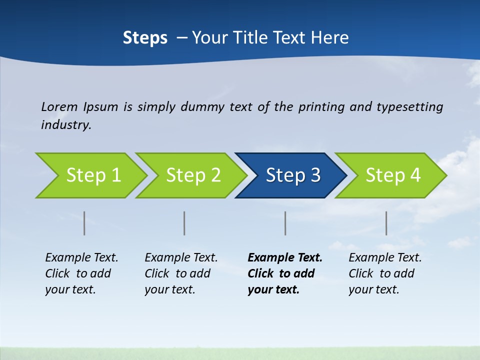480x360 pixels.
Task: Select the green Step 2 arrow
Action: point(193,175)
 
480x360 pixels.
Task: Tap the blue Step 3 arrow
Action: point(293,175)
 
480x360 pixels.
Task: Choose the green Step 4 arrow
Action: point(393,175)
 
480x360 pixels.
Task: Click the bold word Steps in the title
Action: point(145,38)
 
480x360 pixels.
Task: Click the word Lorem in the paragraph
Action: point(59,106)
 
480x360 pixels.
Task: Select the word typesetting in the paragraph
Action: point(409,107)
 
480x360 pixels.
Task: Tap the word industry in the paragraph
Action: point(65,125)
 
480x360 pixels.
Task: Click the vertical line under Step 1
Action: point(84,223)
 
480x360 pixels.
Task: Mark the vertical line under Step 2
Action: point(184,223)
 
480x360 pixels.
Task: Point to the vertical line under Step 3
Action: point(285,223)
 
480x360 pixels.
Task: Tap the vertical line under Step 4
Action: point(386,223)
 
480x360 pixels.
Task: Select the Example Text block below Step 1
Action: point(81,273)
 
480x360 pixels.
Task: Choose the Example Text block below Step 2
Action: point(181,273)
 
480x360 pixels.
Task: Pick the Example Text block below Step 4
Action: point(385,273)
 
